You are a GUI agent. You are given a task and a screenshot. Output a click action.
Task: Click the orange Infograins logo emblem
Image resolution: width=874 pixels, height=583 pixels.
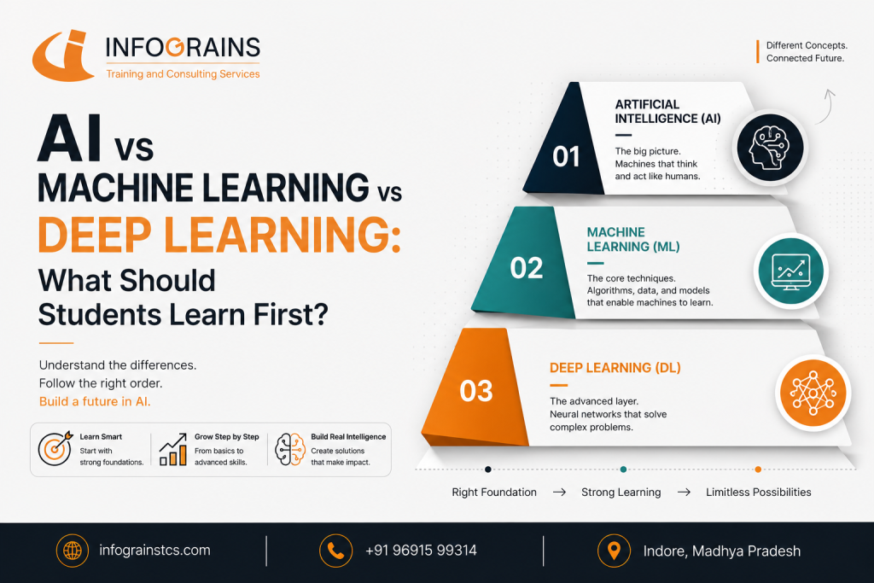point(62,55)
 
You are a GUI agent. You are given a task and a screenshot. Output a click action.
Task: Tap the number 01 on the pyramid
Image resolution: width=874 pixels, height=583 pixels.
point(567,156)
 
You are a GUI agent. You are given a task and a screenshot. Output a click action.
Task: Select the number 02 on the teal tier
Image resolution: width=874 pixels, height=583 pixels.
point(526,268)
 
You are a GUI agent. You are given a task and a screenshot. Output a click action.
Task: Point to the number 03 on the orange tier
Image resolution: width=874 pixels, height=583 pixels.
point(476,391)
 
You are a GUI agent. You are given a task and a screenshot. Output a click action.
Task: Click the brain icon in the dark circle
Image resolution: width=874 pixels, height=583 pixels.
point(771,148)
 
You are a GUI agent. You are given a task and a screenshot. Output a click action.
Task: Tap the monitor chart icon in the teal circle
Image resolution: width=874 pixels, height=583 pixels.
point(791,271)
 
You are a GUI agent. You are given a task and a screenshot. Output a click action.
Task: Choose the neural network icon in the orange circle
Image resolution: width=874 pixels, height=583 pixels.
point(813,393)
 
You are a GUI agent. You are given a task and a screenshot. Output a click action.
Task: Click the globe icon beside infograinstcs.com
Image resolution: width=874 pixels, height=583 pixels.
point(73,551)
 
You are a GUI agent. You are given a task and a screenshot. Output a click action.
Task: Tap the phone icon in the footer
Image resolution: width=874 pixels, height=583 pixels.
point(335,551)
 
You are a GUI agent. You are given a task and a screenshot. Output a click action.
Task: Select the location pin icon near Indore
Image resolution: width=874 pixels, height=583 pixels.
point(614,551)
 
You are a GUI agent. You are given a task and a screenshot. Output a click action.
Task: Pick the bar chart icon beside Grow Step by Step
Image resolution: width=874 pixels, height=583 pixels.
point(173,449)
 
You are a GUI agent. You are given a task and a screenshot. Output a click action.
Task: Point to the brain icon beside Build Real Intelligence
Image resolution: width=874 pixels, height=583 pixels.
point(290,449)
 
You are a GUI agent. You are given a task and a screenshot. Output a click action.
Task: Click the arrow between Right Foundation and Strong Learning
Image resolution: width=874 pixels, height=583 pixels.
point(559,493)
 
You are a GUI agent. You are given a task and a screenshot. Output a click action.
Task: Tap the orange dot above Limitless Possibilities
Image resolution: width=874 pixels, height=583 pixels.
point(758,469)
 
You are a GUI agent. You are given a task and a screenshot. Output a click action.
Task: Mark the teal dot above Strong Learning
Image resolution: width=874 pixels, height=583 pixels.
point(623,469)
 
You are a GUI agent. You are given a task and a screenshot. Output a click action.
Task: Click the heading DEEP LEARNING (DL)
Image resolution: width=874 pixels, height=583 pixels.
point(615,368)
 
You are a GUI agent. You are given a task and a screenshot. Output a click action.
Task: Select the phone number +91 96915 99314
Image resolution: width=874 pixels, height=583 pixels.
point(421,551)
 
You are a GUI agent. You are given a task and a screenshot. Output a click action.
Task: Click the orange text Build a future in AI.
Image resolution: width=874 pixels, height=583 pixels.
point(95,401)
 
